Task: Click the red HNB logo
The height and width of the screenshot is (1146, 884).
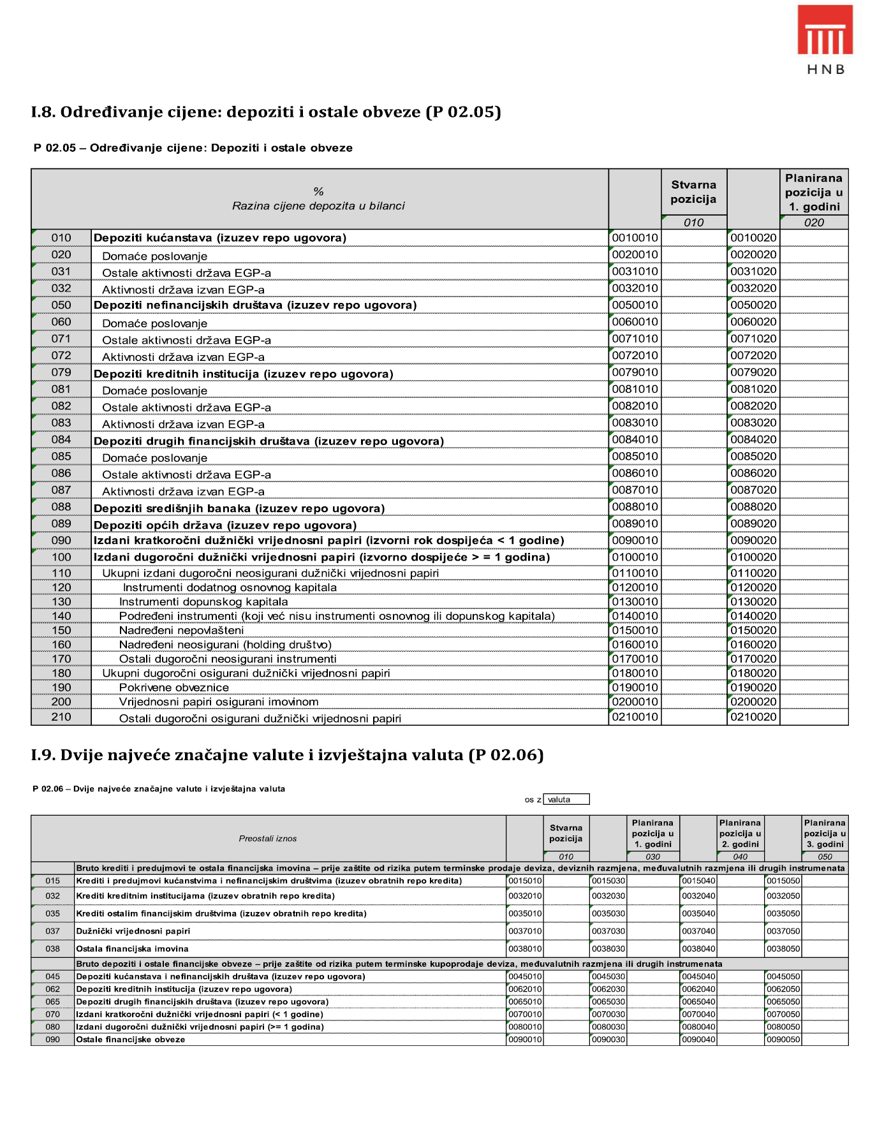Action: pos(825,31)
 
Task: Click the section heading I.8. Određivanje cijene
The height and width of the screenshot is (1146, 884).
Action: pos(265,112)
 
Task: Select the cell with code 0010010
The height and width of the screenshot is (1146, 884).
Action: pos(635,238)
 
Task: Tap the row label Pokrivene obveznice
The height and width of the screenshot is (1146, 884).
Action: pos(173,687)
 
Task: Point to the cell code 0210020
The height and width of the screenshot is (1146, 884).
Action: pos(753,717)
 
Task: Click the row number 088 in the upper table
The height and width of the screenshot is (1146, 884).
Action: pos(61,507)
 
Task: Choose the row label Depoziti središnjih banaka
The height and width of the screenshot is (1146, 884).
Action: pos(239,508)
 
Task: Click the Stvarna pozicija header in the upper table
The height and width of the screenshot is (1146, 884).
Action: pos(693,192)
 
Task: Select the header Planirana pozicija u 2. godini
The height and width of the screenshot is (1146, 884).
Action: pos(740,834)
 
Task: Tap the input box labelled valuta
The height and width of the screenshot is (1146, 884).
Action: pos(566,800)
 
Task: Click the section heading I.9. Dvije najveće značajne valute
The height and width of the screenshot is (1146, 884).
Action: pos(287,755)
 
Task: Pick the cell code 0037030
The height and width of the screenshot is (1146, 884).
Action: pos(608,931)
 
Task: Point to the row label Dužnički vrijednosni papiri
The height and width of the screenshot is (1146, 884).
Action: pos(133,931)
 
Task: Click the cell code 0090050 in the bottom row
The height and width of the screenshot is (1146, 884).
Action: pos(783,1039)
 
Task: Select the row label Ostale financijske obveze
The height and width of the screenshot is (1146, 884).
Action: pos(130,1039)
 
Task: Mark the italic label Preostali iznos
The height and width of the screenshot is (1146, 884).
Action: pos(268,839)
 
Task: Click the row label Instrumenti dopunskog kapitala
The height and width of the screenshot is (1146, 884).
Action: pos(203,602)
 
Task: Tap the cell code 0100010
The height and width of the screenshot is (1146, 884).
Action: pos(635,557)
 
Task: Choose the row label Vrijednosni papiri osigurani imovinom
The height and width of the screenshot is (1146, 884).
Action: pos(219,702)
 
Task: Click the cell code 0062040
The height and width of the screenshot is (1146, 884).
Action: pos(698,989)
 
